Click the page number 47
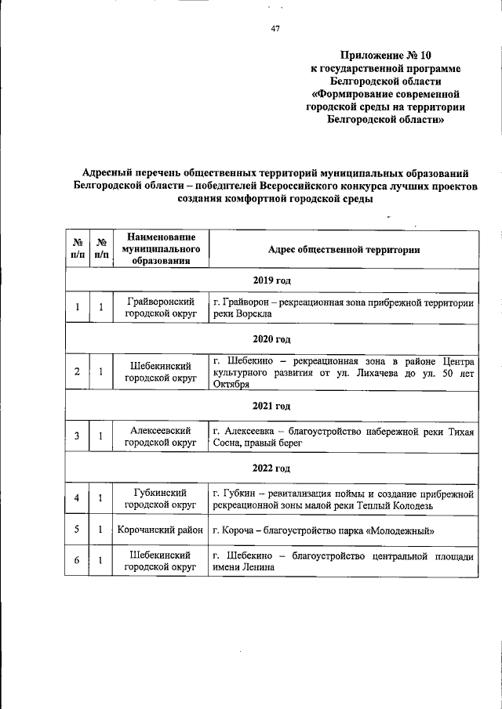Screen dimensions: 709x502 tap(275, 29)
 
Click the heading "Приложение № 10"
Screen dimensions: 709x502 tap(385, 55)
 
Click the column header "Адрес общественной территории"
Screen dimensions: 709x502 tap(344, 250)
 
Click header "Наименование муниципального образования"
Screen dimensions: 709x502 tap(161, 249)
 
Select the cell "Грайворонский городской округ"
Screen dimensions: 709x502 tap(161, 307)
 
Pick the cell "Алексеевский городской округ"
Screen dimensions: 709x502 tap(161, 436)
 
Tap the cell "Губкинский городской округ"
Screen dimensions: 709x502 tap(161, 499)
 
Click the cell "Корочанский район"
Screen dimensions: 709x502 tap(161, 530)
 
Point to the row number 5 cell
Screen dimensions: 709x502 tap(77, 530)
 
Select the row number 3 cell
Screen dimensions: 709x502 tap(77, 436)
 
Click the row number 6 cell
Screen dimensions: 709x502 tap(77, 561)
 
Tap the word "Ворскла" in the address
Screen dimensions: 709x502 tap(252, 313)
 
